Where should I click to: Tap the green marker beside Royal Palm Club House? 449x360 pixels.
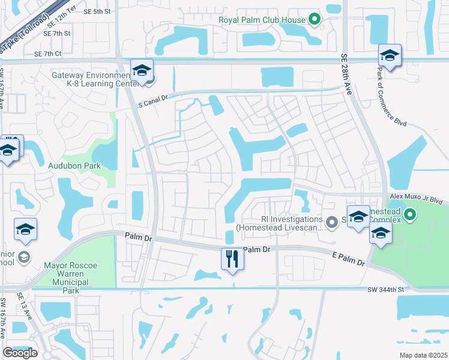pyautogui.click(x=314, y=19)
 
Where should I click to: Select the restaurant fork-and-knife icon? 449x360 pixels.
pyautogui.click(x=232, y=259)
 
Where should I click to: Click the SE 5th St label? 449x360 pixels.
pyautogui.click(x=97, y=11)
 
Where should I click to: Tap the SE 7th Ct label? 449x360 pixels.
pyautogui.click(x=48, y=54)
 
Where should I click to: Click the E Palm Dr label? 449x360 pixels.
pyautogui.click(x=348, y=259)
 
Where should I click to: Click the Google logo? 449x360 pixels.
pyautogui.click(x=20, y=353)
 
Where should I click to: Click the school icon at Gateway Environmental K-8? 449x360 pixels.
pyautogui.click(x=142, y=71)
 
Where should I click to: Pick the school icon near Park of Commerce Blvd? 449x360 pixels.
pyautogui.click(x=390, y=56)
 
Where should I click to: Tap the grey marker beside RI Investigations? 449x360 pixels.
pyautogui.click(x=331, y=222)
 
